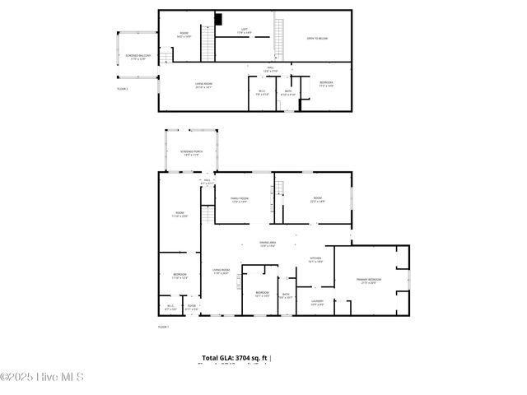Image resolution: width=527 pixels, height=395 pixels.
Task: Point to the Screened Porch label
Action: pyautogui.click(x=191, y=152)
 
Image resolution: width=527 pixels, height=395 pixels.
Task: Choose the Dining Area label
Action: pyautogui.click(x=268, y=244)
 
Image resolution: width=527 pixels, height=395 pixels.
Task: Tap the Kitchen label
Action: pyautogui.click(x=315, y=259)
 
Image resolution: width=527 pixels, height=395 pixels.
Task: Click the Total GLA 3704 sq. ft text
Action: pyautogui.click(x=236, y=358)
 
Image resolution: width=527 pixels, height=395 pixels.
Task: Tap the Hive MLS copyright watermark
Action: pyautogui.click(x=42, y=378)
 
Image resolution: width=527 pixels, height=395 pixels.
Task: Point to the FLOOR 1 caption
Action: pyautogui.click(x=163, y=327)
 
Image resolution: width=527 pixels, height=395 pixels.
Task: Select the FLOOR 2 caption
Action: pyautogui.click(x=122, y=87)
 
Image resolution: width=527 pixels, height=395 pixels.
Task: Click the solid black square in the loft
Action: pyautogui.click(x=218, y=19)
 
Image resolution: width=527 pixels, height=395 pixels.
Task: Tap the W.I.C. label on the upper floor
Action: pyautogui.click(x=261, y=92)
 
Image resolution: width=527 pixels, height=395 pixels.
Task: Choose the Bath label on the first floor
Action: pyautogui.click(x=286, y=295)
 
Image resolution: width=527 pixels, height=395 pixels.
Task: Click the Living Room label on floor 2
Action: pyautogui.click(x=203, y=86)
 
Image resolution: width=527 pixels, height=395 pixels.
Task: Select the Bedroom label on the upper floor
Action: pyautogui.click(x=326, y=85)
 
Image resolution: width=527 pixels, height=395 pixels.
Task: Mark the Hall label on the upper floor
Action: pyautogui.click(x=270, y=68)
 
